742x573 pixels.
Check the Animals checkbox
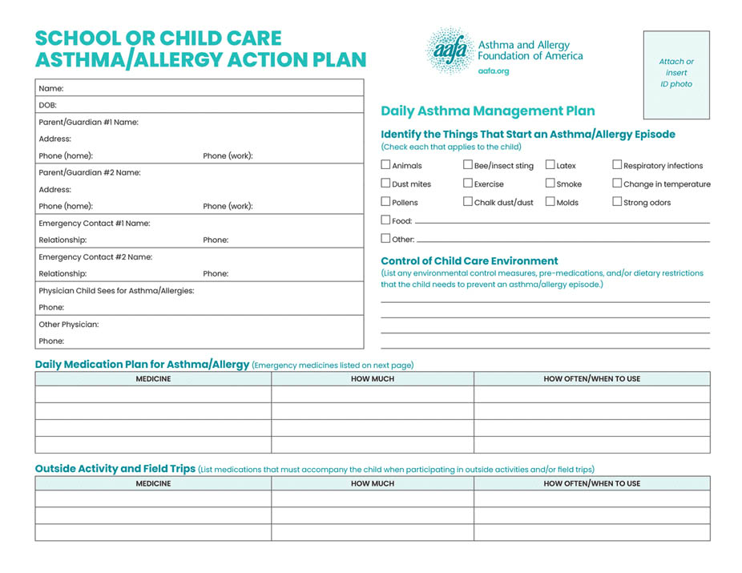[386, 165]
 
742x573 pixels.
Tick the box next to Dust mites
[386, 184]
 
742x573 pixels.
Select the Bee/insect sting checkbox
[468, 165]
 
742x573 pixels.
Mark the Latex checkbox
[550, 165]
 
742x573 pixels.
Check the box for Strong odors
[617, 202]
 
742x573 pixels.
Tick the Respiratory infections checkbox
[617, 165]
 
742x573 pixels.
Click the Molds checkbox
[550, 202]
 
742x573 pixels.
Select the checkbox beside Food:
[386, 220]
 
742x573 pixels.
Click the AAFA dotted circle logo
[448, 50]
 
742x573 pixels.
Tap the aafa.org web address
[493, 71]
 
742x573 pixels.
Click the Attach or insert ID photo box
[676, 74]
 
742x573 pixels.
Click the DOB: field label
[47, 105]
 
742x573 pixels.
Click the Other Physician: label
[69, 325]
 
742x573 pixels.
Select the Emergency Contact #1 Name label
[95, 224]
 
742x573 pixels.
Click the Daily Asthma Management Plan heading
[487, 111]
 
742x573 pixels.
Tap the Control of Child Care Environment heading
[469, 260]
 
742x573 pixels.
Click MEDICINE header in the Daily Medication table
[153, 379]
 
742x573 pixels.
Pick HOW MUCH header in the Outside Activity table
[373, 484]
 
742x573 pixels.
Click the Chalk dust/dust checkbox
[468, 202]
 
